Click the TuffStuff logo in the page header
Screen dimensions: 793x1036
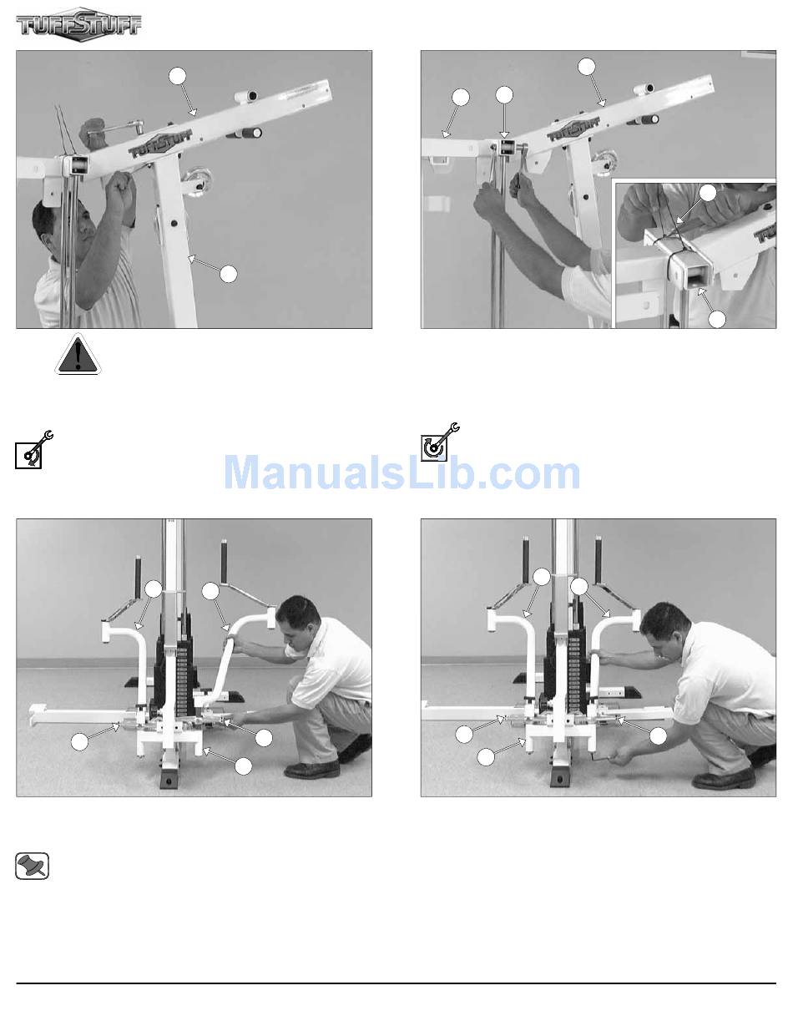click(79, 24)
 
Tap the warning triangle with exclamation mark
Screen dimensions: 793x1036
click(78, 355)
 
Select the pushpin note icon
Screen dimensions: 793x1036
click(32, 866)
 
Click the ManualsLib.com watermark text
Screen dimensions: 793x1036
click(402, 473)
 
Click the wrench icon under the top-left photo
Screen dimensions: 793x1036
click(34, 448)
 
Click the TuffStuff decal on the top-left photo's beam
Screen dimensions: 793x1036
click(161, 144)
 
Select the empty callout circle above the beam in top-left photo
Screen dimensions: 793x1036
click(177, 76)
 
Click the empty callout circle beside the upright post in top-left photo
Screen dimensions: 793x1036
click(228, 274)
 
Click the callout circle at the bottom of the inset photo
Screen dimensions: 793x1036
click(717, 319)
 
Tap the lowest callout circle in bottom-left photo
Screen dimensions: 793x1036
click(244, 766)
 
